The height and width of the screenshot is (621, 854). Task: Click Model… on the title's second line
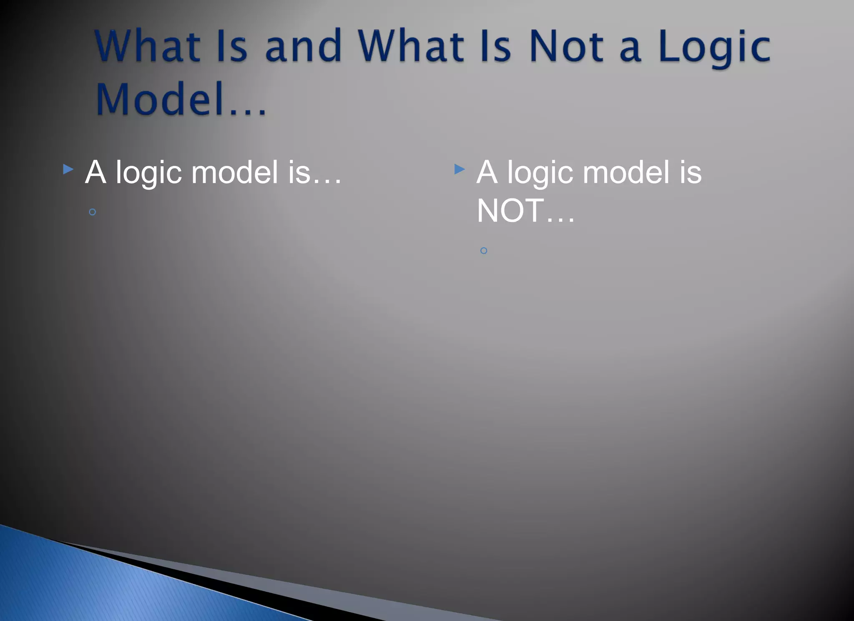(181, 99)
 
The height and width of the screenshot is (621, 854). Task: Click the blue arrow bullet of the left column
(68, 169)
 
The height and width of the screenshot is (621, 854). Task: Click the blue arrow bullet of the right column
(460, 169)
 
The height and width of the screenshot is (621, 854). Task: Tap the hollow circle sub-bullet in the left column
(93, 212)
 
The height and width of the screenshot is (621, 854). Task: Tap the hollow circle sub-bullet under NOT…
(484, 251)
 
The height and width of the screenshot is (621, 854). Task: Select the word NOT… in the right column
(525, 211)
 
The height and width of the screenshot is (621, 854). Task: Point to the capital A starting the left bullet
(95, 172)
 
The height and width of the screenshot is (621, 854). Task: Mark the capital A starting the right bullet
(487, 172)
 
